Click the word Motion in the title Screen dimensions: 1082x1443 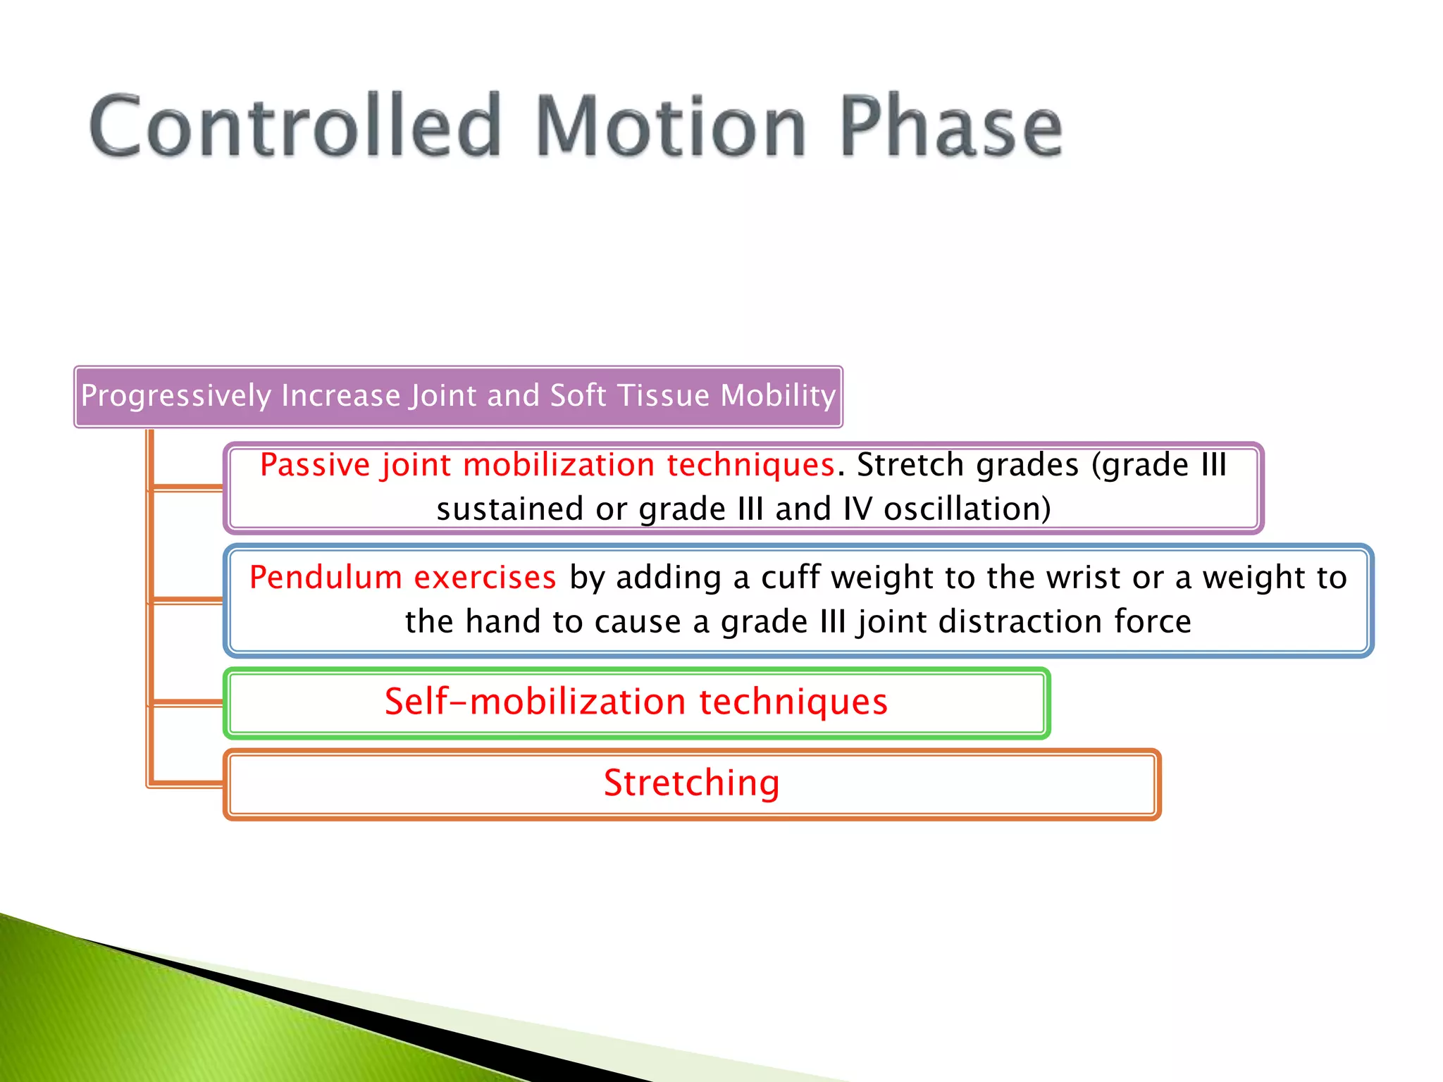coord(671,127)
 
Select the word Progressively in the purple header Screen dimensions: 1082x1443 coord(175,396)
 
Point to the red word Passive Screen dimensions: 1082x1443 coord(315,465)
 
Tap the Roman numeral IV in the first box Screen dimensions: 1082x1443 coord(857,509)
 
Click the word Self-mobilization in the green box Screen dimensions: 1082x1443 coord(535,702)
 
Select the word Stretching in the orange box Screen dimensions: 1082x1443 coord(692,783)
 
